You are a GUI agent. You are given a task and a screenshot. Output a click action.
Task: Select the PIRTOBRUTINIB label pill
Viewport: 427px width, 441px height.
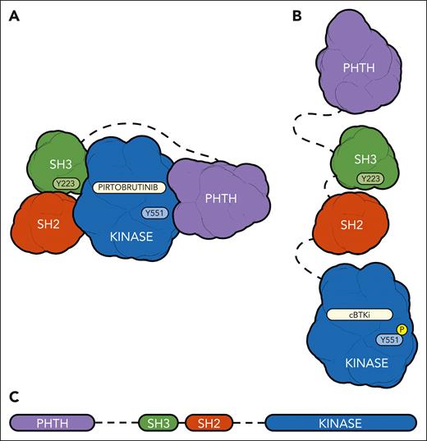click(x=129, y=187)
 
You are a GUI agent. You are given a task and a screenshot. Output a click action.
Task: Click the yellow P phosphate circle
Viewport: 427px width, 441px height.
click(x=402, y=329)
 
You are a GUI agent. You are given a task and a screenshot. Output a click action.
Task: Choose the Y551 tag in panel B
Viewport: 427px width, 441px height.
click(x=388, y=339)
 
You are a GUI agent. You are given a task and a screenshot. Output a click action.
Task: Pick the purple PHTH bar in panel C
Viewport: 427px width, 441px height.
click(x=51, y=423)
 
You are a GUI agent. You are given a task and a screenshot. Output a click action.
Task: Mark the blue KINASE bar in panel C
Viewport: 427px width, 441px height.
click(x=340, y=423)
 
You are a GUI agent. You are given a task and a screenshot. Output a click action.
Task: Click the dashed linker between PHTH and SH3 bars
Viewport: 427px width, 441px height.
click(x=115, y=423)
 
